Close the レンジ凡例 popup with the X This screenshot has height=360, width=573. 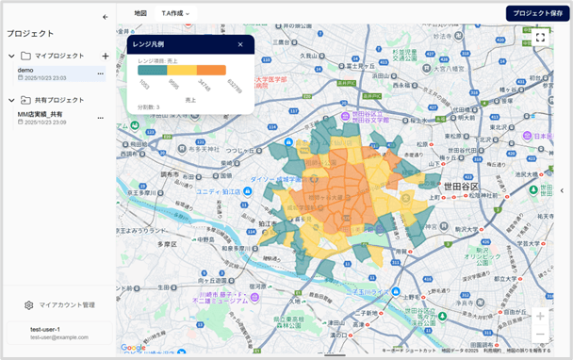[240, 44]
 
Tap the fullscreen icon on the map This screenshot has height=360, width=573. [540, 38]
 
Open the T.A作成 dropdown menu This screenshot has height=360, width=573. [175, 13]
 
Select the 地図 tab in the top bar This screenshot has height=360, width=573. [140, 13]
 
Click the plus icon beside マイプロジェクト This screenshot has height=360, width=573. [105, 56]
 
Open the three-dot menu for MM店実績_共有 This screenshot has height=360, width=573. [100, 117]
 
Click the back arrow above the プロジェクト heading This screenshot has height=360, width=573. [105, 17]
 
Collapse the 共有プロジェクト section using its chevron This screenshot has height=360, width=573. [11, 100]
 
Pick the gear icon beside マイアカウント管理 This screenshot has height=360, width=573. [29, 305]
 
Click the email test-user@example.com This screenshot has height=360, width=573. [58, 336]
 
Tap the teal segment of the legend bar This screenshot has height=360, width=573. [153, 70]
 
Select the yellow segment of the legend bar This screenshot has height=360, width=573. [182, 70]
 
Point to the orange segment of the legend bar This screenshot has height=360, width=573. [211, 70]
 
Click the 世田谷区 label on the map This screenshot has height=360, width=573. [461, 187]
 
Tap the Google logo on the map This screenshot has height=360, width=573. [133, 348]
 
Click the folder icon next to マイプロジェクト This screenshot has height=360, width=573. [26, 56]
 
